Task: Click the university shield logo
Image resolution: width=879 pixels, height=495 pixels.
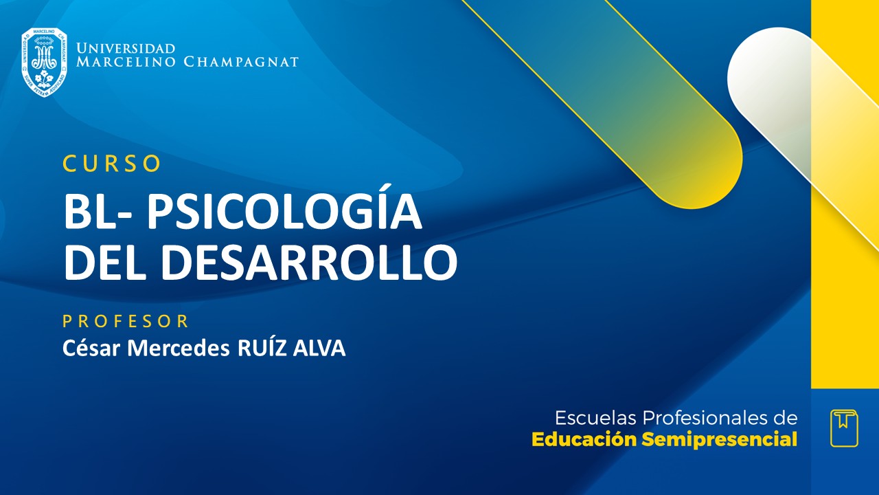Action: [44, 62]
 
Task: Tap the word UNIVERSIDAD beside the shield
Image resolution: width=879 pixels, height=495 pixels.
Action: [126, 49]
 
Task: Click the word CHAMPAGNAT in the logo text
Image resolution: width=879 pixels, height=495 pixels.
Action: [241, 62]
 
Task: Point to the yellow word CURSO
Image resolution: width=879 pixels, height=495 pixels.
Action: [112, 164]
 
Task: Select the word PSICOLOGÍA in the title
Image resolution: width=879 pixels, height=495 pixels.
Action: [284, 213]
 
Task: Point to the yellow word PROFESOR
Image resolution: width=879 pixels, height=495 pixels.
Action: [126, 321]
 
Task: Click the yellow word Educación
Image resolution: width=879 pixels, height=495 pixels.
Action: [584, 440]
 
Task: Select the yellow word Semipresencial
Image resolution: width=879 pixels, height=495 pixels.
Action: [719, 440]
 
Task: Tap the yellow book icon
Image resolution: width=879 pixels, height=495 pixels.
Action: [844, 428]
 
